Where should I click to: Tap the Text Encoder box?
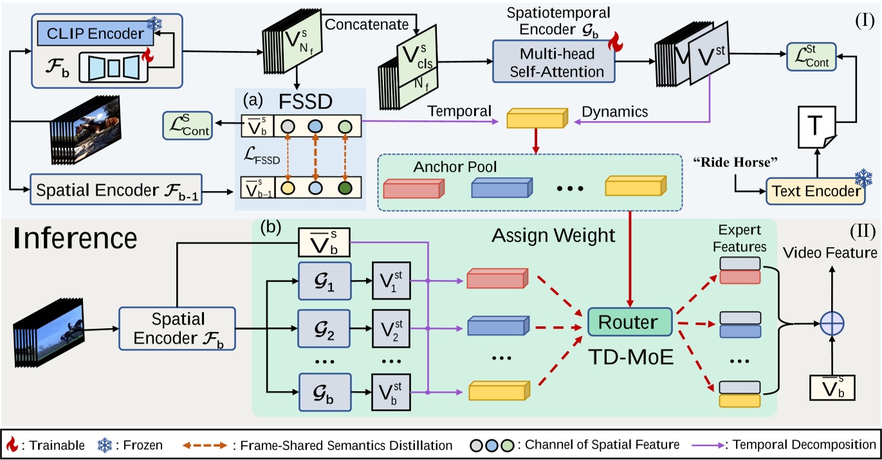813,191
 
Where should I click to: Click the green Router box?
630,322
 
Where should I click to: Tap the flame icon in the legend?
11,445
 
